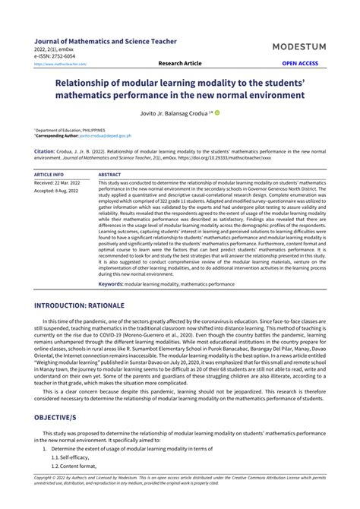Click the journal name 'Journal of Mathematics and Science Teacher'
click(x=106, y=41)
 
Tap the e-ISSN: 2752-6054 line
click(x=55, y=56)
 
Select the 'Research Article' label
click(x=180, y=64)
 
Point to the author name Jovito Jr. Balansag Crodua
click(x=176, y=113)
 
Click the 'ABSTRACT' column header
click(x=110, y=174)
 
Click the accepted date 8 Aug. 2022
click(x=59, y=191)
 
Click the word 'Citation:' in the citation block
click(x=45, y=152)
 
